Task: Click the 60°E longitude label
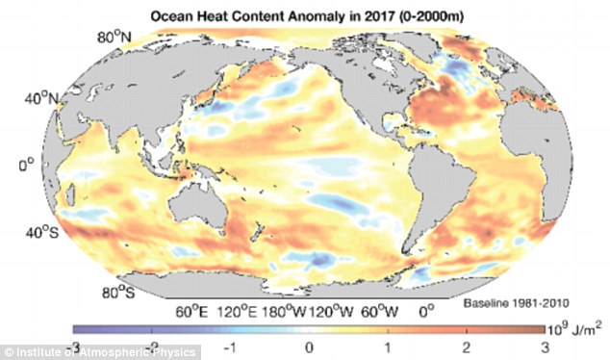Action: pyautogui.click(x=192, y=311)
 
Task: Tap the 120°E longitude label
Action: pyautogui.click(x=238, y=311)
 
